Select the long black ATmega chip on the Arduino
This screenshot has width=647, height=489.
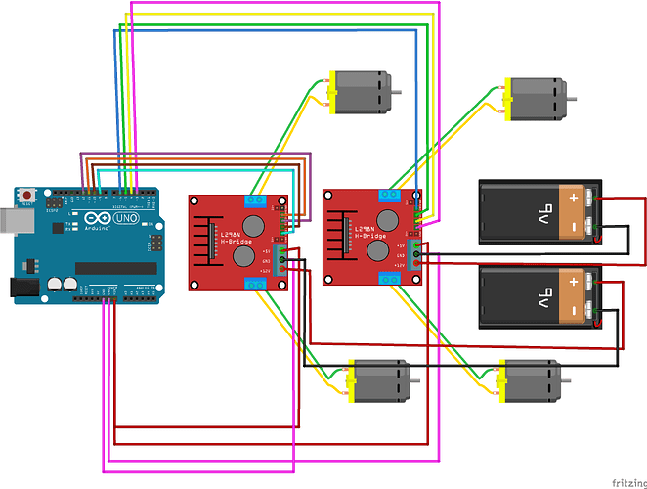(x=114, y=268)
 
